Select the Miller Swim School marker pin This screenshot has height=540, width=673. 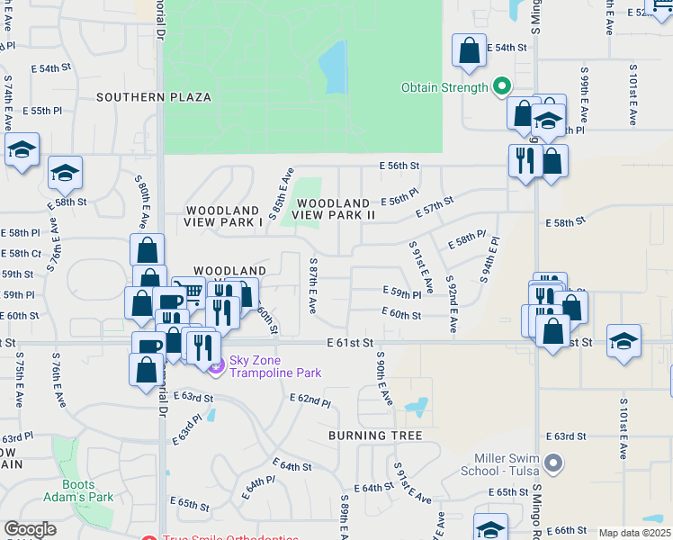click(x=553, y=463)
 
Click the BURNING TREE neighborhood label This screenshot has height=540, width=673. click(x=375, y=436)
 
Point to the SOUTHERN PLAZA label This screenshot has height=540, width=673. click(x=154, y=97)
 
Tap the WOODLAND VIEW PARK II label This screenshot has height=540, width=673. click(x=336, y=210)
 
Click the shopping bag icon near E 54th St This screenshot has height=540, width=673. click(x=469, y=51)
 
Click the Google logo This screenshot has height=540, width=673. click(x=30, y=529)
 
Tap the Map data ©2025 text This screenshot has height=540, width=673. click(x=634, y=533)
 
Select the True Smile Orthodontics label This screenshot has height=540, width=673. click(x=231, y=538)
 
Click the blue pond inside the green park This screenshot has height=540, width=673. click(x=333, y=67)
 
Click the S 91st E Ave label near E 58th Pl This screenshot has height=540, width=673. click(x=420, y=266)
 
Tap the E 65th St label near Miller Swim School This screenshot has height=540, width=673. click(x=508, y=492)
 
